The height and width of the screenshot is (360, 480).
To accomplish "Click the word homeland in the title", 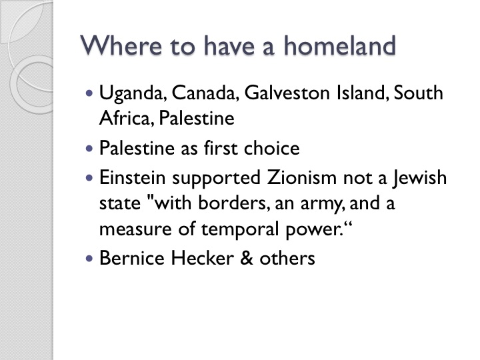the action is coord(340,45).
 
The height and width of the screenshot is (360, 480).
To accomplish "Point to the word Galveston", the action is coord(287,93).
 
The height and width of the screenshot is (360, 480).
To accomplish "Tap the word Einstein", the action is coord(132,177).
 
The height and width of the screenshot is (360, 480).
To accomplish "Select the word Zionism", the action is coord(302,177).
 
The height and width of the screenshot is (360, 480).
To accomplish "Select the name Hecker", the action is coord(203,258).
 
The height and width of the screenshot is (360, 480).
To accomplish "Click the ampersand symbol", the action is coord(247,258).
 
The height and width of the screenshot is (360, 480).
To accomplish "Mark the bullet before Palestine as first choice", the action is coord(89,149).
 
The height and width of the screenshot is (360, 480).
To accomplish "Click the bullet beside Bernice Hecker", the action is coord(89,259).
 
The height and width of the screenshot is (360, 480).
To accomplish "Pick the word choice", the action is coord(271,148).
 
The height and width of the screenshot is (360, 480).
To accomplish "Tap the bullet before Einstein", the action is coord(89,178).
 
